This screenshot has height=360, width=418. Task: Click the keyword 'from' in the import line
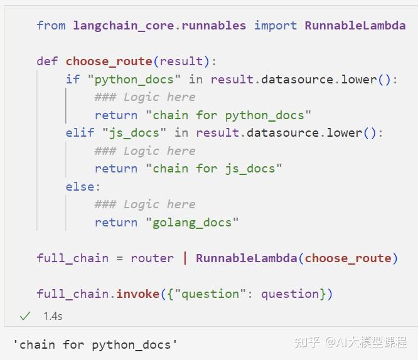51,26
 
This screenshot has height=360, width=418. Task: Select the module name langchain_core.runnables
159,26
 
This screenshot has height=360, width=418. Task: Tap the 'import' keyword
276,26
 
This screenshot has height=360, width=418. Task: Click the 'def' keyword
47,61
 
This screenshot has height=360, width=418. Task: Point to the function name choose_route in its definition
109,61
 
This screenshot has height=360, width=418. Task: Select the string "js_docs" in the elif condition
138,133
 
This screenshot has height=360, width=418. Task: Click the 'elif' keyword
80,133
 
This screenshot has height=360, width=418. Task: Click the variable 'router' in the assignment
152,258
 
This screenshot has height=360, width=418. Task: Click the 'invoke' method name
138,294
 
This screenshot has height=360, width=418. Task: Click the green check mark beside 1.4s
25,316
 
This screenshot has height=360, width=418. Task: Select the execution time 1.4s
53,316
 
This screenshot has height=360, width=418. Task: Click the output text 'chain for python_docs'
95,344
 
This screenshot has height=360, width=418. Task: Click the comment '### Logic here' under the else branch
145,204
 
